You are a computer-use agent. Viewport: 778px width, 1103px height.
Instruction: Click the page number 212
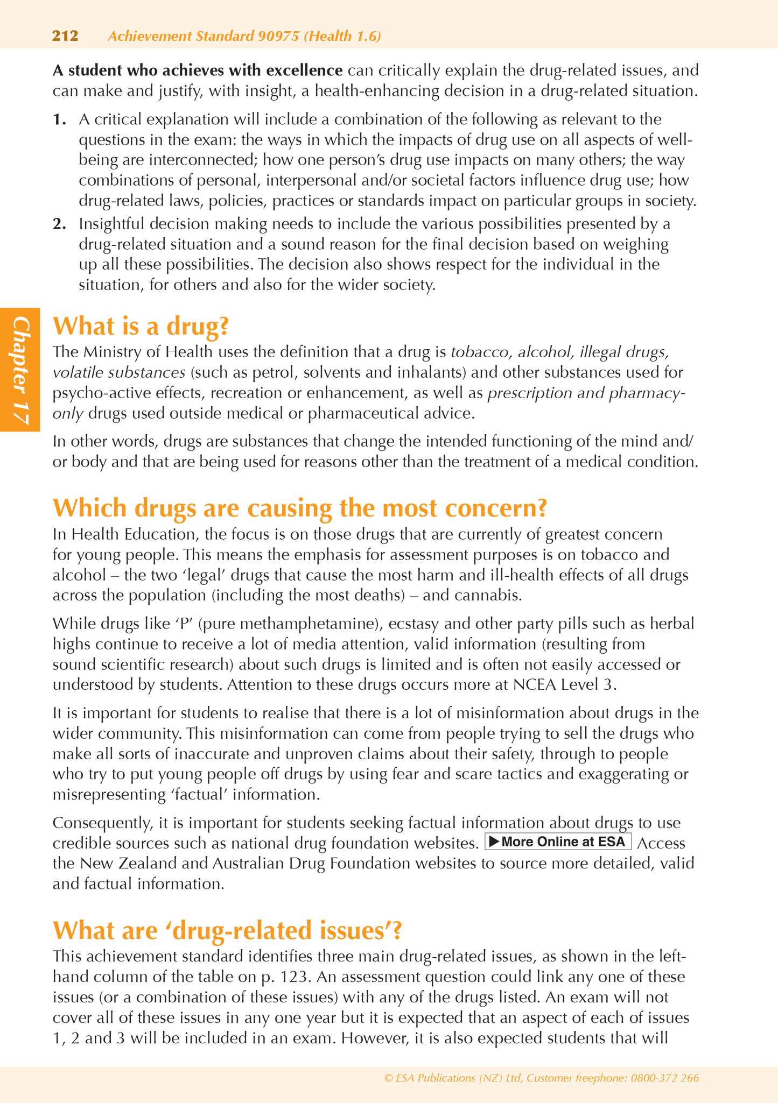[x=65, y=36]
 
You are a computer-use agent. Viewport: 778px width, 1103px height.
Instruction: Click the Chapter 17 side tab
[x=20, y=370]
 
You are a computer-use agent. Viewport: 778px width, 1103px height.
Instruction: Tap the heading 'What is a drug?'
[x=141, y=326]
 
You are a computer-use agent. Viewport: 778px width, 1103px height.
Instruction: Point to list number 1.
[x=59, y=119]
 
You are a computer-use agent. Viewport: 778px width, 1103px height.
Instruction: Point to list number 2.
[x=59, y=224]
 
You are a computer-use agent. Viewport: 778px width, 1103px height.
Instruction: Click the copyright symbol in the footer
[x=388, y=1078]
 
